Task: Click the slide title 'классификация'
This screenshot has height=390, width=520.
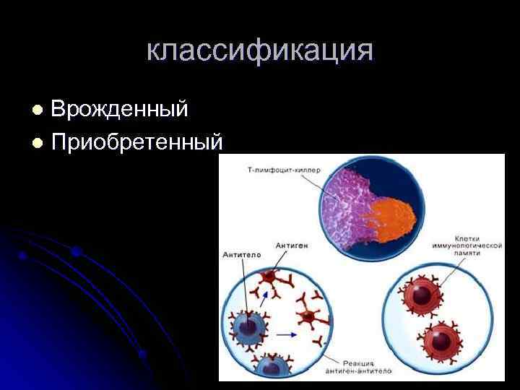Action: pos(260,51)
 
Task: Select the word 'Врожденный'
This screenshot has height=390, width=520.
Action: pos(119,109)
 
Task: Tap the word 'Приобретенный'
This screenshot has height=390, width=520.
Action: pos(136,142)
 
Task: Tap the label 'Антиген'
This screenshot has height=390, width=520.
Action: pos(292,246)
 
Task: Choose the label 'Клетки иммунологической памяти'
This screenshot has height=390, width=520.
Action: pos(478,250)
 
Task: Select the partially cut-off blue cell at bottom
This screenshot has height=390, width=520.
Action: pos(270,367)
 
